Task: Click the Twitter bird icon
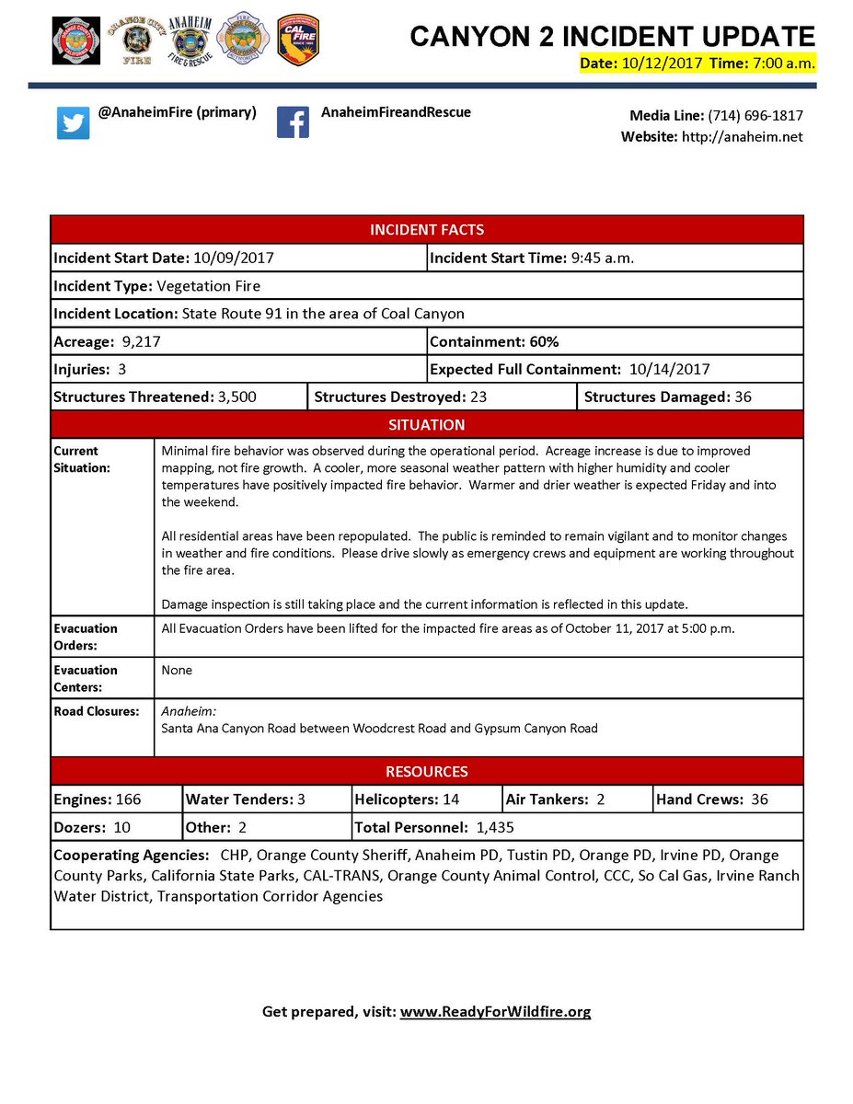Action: [x=74, y=123]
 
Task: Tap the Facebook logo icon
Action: [x=293, y=122]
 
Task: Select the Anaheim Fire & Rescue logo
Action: [x=188, y=40]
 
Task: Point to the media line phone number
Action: [x=755, y=116]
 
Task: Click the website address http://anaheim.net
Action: [x=742, y=137]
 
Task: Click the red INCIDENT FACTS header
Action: [x=426, y=230]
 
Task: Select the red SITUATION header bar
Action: [x=426, y=425]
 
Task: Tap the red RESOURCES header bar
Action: [x=426, y=772]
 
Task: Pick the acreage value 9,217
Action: [x=142, y=342]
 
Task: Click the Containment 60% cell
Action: [x=494, y=342]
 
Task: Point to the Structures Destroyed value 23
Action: [x=478, y=397]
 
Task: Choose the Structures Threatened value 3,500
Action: [x=236, y=397]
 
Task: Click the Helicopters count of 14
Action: [x=451, y=799]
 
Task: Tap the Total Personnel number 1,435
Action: [x=495, y=828]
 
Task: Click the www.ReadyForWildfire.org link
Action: [x=495, y=1012]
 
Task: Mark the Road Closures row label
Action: [x=97, y=711]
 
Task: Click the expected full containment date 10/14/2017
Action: [x=670, y=370]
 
